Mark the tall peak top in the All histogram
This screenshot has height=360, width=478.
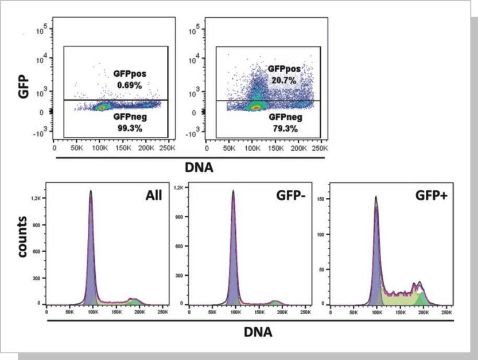tap(91, 191)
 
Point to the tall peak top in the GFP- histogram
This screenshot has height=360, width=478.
tap(233, 191)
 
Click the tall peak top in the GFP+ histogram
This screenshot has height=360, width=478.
tap(376, 197)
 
